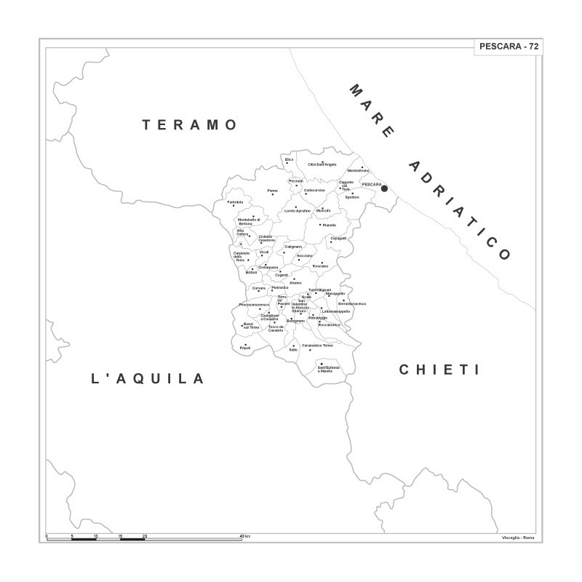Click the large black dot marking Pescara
pyautogui.click(x=385, y=189)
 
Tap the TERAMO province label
pyautogui.click(x=190, y=125)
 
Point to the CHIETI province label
pyautogui.click(x=439, y=370)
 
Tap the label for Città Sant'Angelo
pyautogui.click(x=322, y=165)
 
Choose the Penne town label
pyautogui.click(x=272, y=191)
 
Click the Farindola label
pyautogui.click(x=235, y=202)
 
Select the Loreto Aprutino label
pyautogui.click(x=298, y=211)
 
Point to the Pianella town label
pyautogui.click(x=330, y=226)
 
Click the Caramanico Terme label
pyautogui.click(x=317, y=345)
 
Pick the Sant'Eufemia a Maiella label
pyautogui.click(x=329, y=369)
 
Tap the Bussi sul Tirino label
pyautogui.click(x=250, y=327)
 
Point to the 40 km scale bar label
pyautogui.click(x=245, y=536)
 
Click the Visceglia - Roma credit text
pyautogui.click(x=517, y=537)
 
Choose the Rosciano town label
pyautogui.click(x=320, y=266)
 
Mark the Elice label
pyautogui.click(x=289, y=159)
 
